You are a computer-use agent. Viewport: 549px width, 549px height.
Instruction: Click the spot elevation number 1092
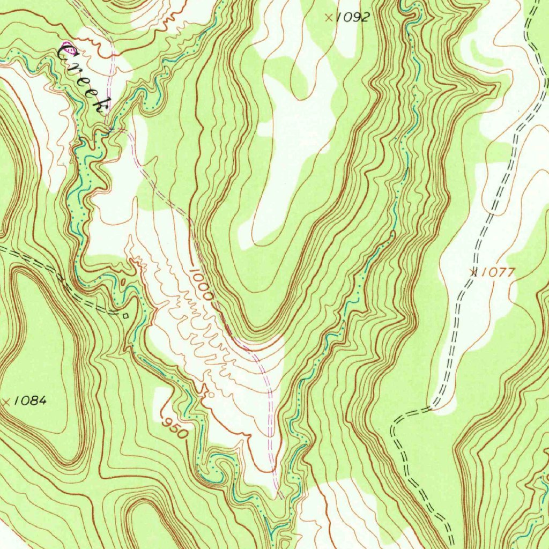[x=353, y=17]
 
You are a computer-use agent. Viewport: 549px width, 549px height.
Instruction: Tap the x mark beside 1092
[x=329, y=17]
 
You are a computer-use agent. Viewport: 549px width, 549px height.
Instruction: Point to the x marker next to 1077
[x=473, y=272]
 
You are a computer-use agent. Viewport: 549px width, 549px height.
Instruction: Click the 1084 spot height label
[x=31, y=400]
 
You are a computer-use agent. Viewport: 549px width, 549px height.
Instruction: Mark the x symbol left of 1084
[x=6, y=400]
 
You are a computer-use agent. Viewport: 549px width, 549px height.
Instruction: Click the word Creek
[x=83, y=78]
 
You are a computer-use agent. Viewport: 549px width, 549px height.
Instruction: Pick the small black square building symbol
[x=125, y=316]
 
